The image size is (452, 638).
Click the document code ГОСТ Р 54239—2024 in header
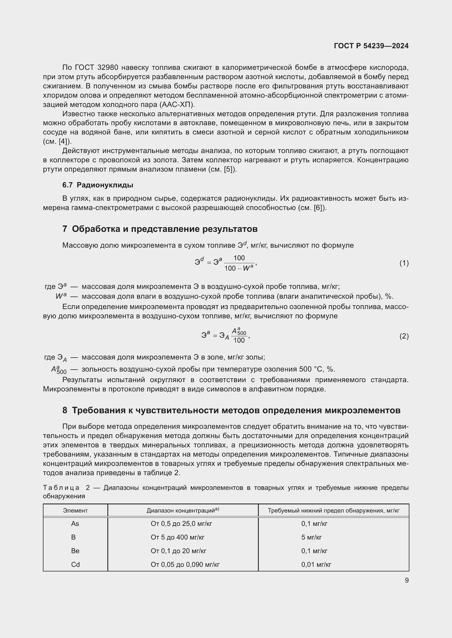click(371, 46)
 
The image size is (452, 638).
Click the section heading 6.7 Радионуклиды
click(98, 185)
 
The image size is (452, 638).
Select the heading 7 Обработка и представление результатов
click(160, 229)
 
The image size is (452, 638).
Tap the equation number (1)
click(404, 263)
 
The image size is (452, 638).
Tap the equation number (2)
click(404, 336)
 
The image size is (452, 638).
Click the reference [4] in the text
click(63, 142)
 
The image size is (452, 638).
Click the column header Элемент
click(75, 510)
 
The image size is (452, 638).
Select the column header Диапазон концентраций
click(183, 510)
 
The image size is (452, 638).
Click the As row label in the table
click(75, 524)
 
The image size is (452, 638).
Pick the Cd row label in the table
click(75, 565)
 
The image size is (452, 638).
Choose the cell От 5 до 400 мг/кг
click(178, 537)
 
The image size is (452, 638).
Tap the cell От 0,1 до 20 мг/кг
click(178, 551)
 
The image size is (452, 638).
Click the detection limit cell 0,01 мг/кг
click(316, 565)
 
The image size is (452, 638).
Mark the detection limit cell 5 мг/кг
click(312, 537)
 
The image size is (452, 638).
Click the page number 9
click(407, 580)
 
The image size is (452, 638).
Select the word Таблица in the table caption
click(61, 488)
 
